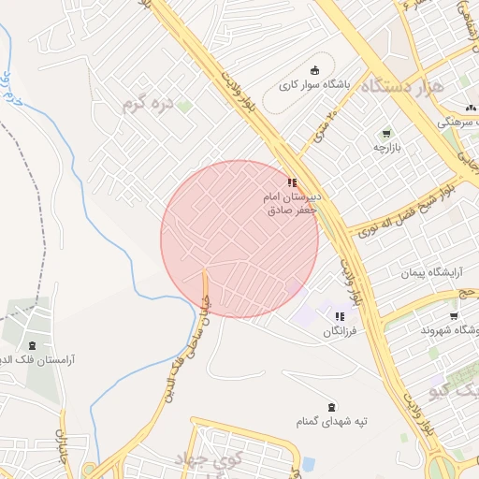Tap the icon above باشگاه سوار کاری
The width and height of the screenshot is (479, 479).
tap(314, 69)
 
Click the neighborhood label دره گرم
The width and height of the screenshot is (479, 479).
tap(148, 102)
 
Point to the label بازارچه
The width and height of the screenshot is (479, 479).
tap(386, 148)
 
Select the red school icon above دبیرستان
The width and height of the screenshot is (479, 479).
tap(293, 183)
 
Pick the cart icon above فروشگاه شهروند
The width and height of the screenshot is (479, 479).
tap(454, 315)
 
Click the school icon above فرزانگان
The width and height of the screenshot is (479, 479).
tap(340, 316)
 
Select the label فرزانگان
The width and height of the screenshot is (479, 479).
tap(341, 331)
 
